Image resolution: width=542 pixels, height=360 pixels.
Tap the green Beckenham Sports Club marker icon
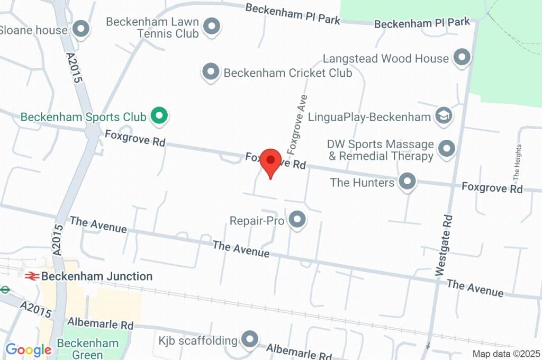158,116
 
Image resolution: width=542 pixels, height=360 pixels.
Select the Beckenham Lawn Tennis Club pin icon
212,26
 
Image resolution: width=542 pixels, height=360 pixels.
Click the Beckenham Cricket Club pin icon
211,72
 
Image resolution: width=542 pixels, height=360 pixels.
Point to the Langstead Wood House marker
463,58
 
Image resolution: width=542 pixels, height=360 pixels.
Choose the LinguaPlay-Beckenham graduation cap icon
444,116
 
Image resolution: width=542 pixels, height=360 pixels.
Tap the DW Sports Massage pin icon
447,149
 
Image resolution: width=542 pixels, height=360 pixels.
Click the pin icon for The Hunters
407,182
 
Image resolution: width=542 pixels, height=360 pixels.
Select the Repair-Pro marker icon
297,220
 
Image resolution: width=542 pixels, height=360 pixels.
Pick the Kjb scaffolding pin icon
249,339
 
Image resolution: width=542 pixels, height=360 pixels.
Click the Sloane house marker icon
81,30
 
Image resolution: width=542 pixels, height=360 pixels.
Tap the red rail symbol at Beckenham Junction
32,276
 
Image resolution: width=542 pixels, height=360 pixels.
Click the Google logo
28,350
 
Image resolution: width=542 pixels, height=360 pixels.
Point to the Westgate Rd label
444,245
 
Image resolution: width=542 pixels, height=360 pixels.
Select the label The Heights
517,162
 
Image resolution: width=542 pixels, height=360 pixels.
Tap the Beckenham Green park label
88,348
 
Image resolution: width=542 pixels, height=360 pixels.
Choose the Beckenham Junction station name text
97,276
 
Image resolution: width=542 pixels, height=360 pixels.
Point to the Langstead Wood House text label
386,58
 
